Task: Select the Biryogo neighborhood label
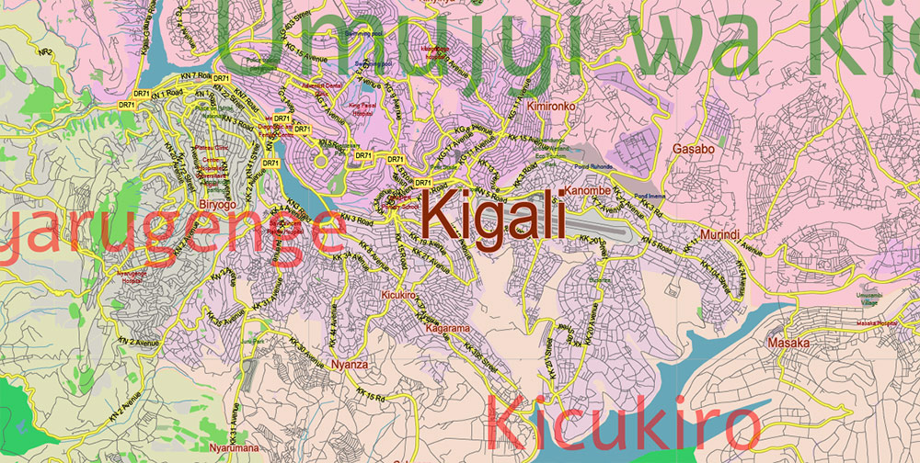[218, 204]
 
